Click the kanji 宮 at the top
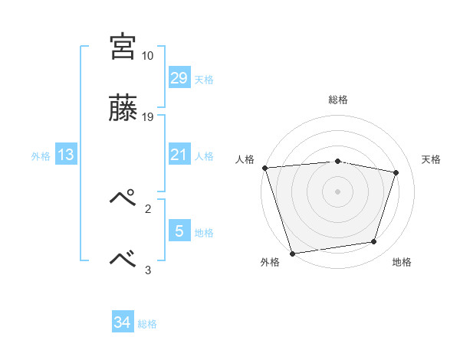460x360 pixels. pyautogui.click(x=123, y=47)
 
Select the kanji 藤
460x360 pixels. pyautogui.click(x=123, y=110)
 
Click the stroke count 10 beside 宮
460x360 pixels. pyautogui.click(x=147, y=56)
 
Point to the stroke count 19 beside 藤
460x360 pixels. pyautogui.click(x=148, y=117)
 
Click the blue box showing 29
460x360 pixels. pyautogui.click(x=179, y=78)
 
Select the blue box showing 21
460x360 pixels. pyautogui.click(x=179, y=155)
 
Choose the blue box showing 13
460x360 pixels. pyautogui.click(x=66, y=155)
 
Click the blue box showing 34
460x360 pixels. pyautogui.click(x=122, y=322)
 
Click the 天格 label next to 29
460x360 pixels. pyautogui.click(x=204, y=80)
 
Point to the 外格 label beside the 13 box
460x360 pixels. pyautogui.click(x=41, y=156)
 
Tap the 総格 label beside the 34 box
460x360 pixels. pyautogui.click(x=147, y=324)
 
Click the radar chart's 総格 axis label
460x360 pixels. pyautogui.click(x=338, y=100)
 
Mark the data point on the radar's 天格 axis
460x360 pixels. pyautogui.click(x=396, y=172)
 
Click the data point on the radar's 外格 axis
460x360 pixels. pyautogui.click(x=292, y=253)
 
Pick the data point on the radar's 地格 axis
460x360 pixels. pyautogui.click(x=374, y=242)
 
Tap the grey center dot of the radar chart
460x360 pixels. pyautogui.click(x=337, y=191)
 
